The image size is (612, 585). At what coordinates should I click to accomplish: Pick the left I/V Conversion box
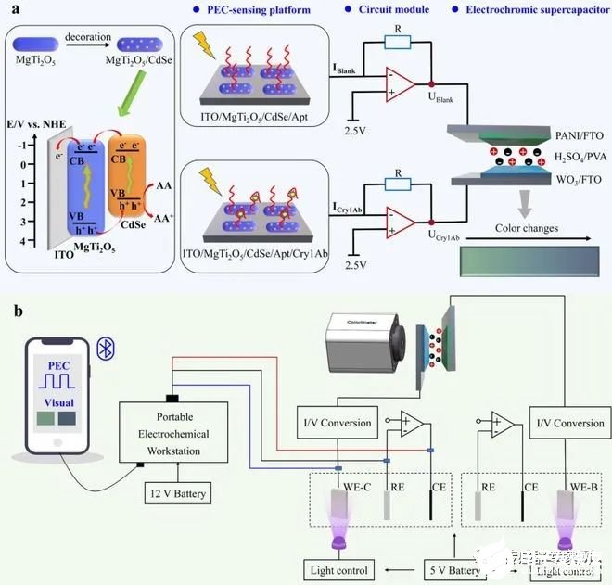coord(334,423)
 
